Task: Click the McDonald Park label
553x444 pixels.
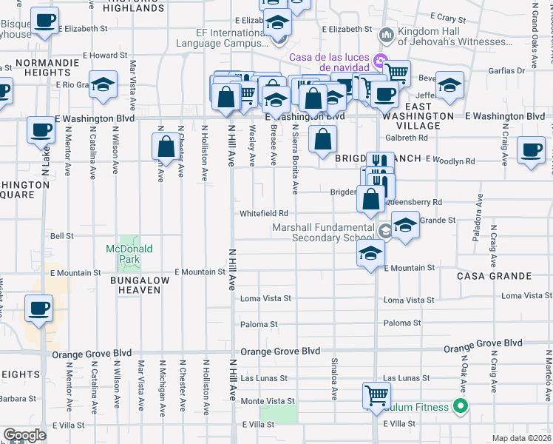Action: click(x=129, y=254)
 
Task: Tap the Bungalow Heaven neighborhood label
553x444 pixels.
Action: click(x=135, y=285)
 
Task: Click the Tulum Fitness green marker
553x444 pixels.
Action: click(x=461, y=406)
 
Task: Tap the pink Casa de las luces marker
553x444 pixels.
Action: click(x=380, y=60)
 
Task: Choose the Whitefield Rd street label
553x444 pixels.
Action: click(x=262, y=214)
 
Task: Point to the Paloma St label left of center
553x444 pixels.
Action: click(x=258, y=324)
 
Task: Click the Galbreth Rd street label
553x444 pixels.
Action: click(x=406, y=138)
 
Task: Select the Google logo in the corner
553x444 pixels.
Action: click(x=24, y=435)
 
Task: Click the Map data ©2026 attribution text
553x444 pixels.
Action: click(x=521, y=438)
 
